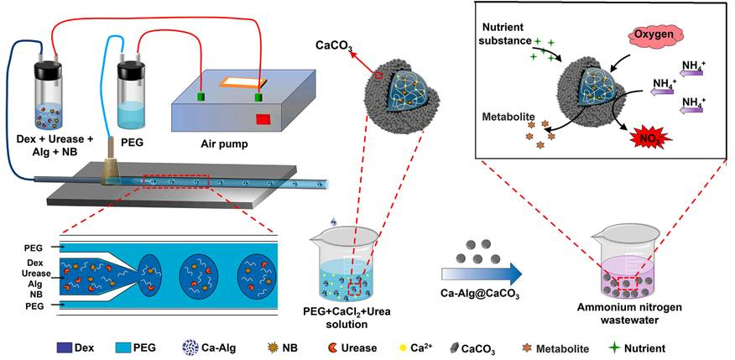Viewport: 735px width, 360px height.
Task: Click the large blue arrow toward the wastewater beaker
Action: (481, 273)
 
